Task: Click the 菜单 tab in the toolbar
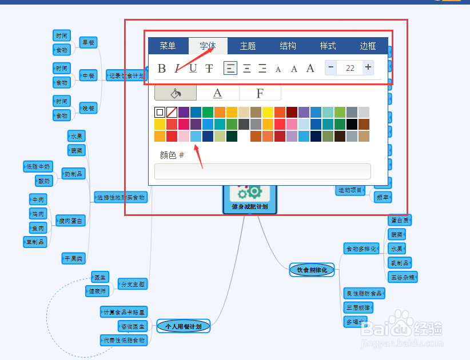point(168,46)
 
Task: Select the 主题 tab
point(248,46)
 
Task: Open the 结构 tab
point(288,46)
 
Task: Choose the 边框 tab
point(368,46)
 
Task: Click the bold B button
point(162,69)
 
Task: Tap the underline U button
point(193,69)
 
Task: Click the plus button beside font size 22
point(368,67)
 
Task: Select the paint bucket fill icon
point(175,93)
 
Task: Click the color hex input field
point(262,171)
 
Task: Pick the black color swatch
point(351,124)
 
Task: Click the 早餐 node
point(88,42)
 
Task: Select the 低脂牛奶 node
point(38,167)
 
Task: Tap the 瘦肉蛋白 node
point(71,221)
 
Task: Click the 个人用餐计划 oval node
point(184,326)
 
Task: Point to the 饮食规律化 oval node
point(312,270)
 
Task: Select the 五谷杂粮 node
point(403,277)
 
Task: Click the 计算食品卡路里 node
point(124,312)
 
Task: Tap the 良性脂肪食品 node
point(364,293)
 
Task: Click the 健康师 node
point(97,291)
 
